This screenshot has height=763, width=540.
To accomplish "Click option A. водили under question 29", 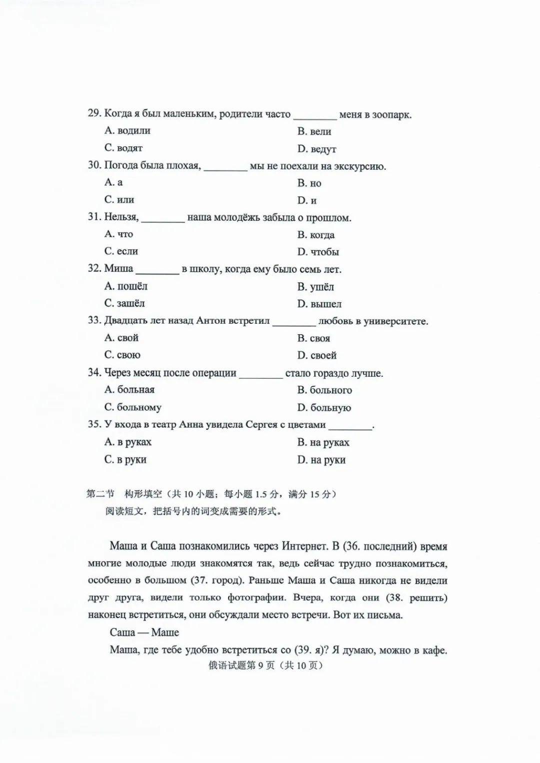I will tap(127, 131).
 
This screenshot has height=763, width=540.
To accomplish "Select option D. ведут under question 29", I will tap(316, 149).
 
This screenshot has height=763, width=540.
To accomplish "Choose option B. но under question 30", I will tap(309, 183).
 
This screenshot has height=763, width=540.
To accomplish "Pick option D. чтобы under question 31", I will tap(318, 252).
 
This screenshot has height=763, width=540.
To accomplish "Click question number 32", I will tap(94, 269).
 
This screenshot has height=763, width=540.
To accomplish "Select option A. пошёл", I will tap(126, 286).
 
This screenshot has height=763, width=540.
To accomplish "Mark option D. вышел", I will tap(319, 304).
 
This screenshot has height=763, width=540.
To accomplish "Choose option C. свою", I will tap(122, 355).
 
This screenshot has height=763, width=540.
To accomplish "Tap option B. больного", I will tap(324, 390).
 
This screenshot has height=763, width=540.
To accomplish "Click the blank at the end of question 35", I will tap(350, 426).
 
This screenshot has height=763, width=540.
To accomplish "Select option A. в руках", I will tap(128, 442).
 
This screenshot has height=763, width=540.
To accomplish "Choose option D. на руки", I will tap(321, 460).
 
